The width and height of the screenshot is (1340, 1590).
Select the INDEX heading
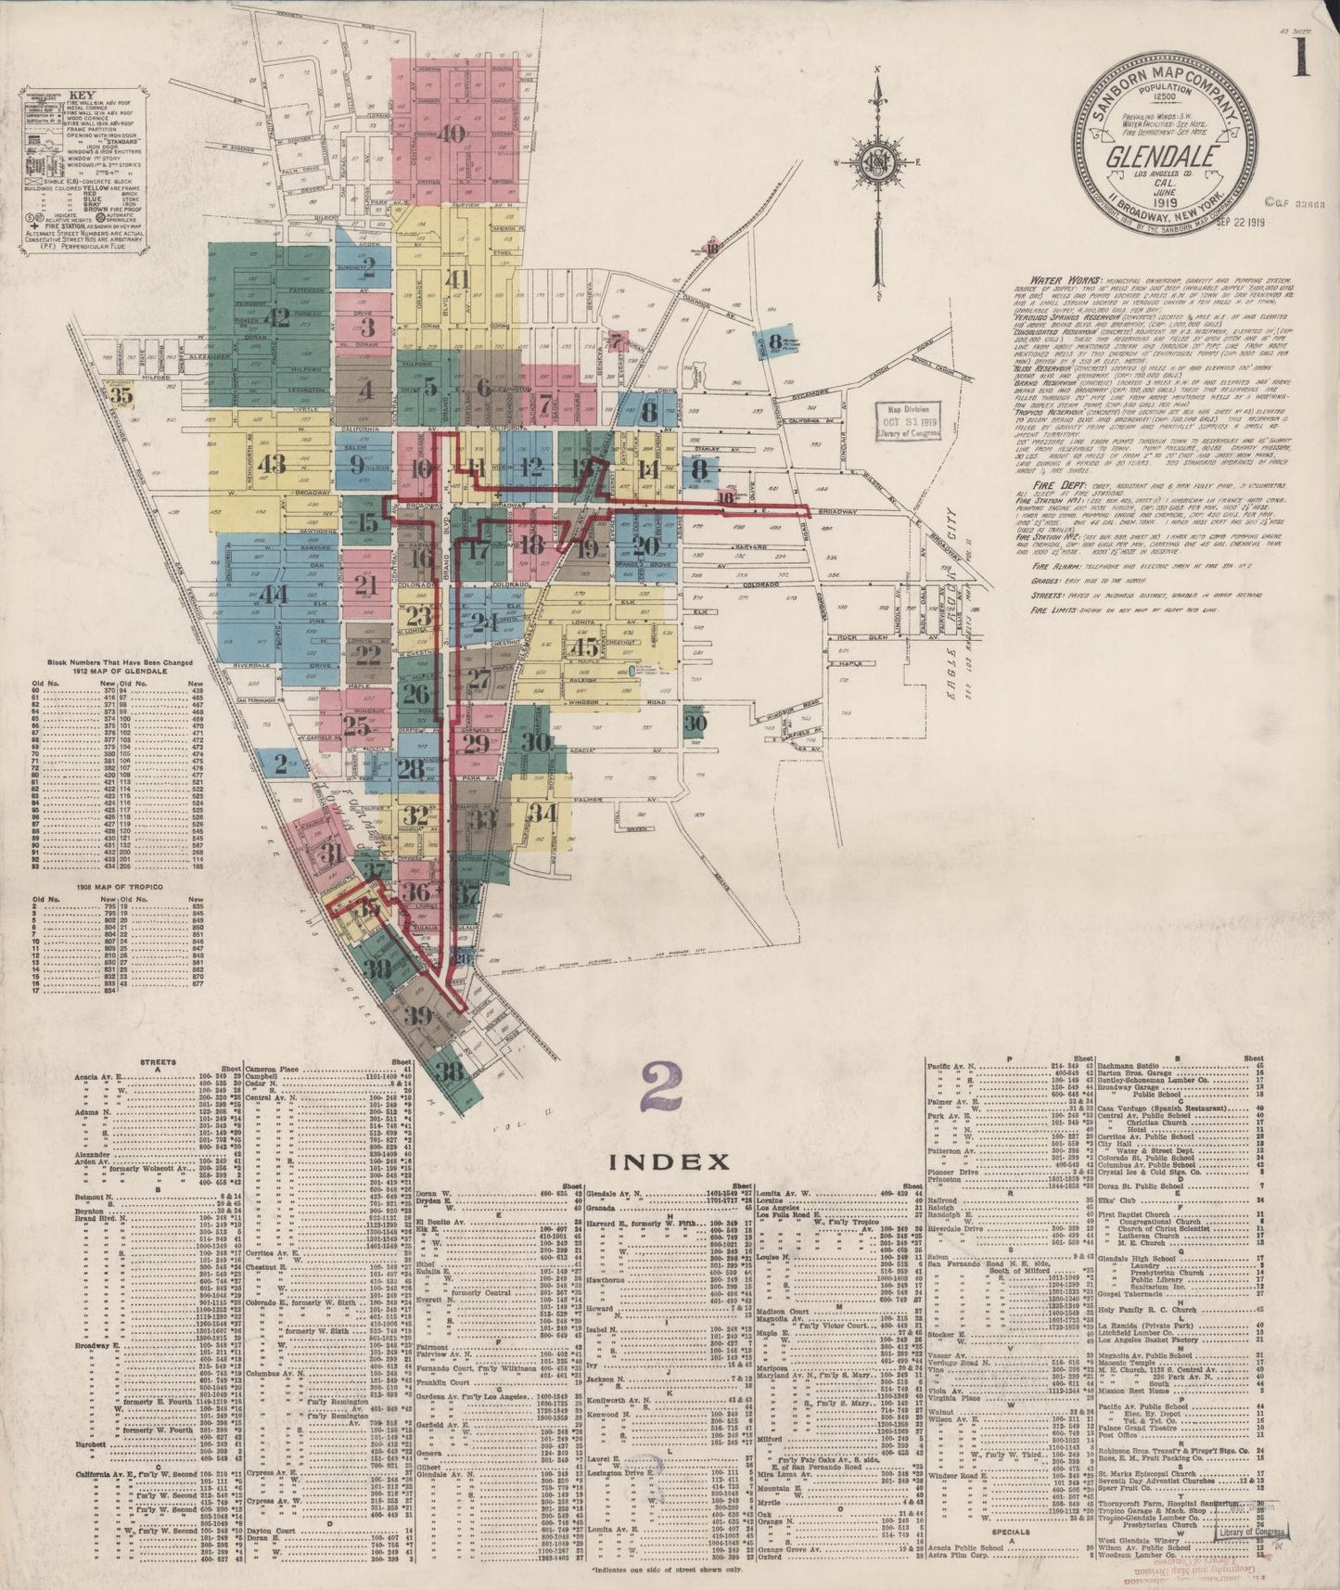click(669, 1160)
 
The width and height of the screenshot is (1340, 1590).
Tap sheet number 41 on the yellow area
click(458, 277)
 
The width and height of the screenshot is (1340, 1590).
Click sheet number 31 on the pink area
click(331, 853)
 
